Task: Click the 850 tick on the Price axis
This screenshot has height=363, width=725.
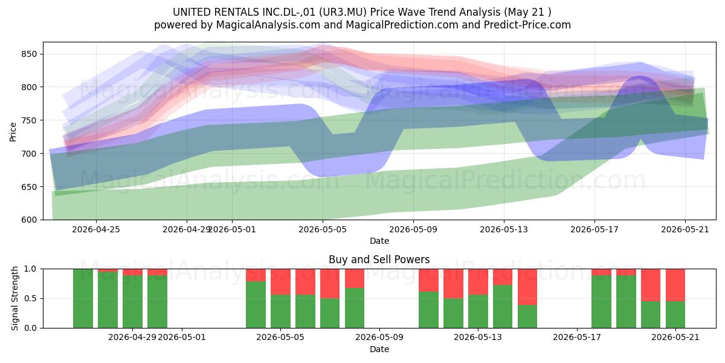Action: (29, 54)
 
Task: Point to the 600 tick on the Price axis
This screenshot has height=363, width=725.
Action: (29, 220)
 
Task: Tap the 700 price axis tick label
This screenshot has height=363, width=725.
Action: (29, 153)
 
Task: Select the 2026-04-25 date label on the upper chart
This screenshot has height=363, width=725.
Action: (96, 229)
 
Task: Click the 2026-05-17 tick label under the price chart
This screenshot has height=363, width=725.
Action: (594, 229)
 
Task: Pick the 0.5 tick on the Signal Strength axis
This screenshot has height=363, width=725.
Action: (30, 298)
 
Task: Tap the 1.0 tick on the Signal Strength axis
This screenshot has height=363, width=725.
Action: (30, 269)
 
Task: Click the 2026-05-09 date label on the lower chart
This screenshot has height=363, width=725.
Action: (379, 337)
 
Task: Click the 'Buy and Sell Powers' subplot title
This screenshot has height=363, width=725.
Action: (379, 260)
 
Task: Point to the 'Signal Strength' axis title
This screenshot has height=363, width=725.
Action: (14, 298)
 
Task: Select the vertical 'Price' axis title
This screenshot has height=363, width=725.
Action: (13, 132)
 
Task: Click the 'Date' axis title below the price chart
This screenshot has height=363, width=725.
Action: (379, 241)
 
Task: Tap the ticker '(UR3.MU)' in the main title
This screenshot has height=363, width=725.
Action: (343, 12)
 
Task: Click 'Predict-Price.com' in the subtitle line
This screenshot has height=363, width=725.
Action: (527, 25)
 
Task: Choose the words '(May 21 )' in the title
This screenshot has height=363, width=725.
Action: (527, 12)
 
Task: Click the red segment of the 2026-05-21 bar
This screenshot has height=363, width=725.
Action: (675, 285)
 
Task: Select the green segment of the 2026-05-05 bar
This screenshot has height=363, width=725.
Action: (280, 312)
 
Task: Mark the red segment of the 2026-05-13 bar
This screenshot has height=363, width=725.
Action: (478, 282)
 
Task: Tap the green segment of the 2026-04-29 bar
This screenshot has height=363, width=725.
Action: (132, 302)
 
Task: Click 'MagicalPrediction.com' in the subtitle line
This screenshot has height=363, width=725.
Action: (402, 25)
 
